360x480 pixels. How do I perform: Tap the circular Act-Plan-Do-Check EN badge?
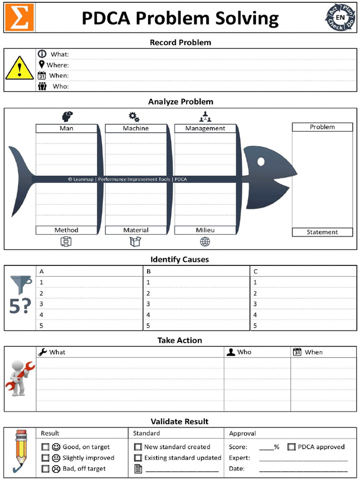(x=340, y=18)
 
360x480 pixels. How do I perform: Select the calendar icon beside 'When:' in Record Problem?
(x=42, y=75)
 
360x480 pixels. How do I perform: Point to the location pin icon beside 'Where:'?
(x=42, y=64)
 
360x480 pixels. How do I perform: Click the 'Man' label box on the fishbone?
(x=66, y=128)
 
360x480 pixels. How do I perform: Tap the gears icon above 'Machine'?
(x=134, y=117)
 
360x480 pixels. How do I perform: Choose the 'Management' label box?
(x=205, y=128)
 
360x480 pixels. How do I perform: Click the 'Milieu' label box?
(x=205, y=230)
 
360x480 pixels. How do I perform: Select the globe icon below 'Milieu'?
(x=205, y=242)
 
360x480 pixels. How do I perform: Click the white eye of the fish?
(x=261, y=161)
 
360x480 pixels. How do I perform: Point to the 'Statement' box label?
(x=322, y=232)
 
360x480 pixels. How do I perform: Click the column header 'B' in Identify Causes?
(x=149, y=271)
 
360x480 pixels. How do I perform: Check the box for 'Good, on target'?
(x=45, y=447)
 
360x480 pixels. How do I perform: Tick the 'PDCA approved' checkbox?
(x=291, y=447)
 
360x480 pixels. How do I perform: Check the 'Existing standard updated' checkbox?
(x=138, y=457)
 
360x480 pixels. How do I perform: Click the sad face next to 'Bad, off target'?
(x=56, y=468)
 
